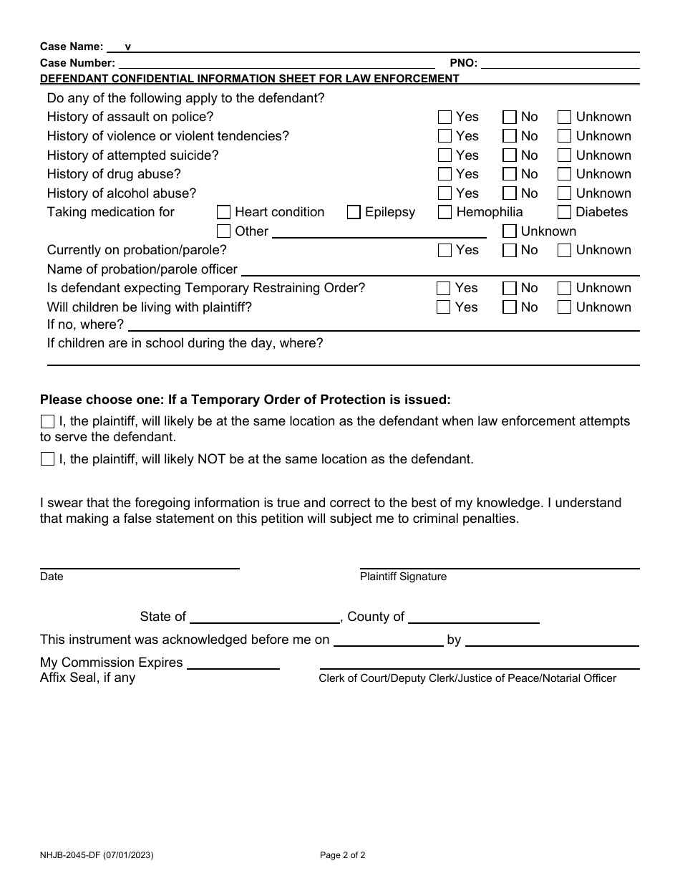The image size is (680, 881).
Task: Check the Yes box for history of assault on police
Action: pyautogui.click(x=445, y=117)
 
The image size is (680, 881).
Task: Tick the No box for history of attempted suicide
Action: pyautogui.click(x=510, y=155)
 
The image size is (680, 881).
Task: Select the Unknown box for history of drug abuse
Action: pyautogui.click(x=565, y=174)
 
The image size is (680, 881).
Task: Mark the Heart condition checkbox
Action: pyautogui.click(x=223, y=212)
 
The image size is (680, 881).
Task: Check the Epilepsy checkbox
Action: pyautogui.click(x=354, y=212)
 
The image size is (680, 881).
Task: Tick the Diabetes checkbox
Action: pyautogui.click(x=565, y=212)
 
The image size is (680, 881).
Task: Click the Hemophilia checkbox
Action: pyautogui.click(x=445, y=212)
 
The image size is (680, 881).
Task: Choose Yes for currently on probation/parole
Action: pyautogui.click(x=445, y=250)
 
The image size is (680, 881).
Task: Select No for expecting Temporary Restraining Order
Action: pyautogui.click(x=510, y=288)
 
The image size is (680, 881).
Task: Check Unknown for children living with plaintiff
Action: pyautogui.click(x=565, y=307)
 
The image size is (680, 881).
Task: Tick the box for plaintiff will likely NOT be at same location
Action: pyautogui.click(x=47, y=459)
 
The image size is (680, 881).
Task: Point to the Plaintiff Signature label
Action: pyautogui.click(x=403, y=577)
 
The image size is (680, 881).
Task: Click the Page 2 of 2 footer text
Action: pyautogui.click(x=342, y=854)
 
